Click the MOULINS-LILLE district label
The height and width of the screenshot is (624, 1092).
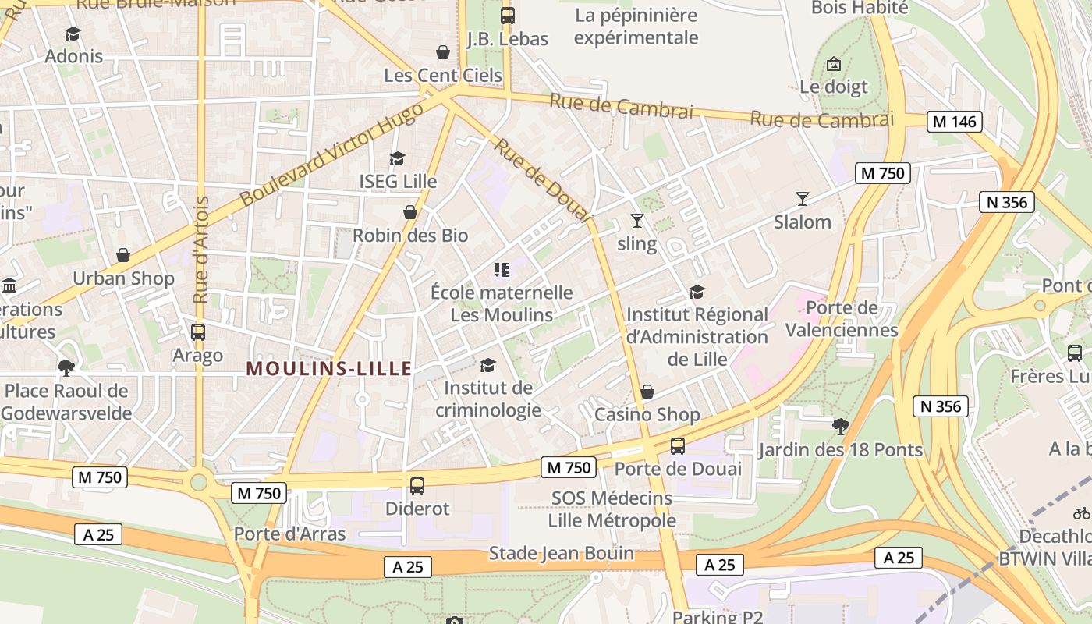click(328, 369)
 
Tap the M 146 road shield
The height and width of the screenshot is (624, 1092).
click(954, 122)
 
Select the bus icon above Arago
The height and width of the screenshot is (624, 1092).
click(198, 331)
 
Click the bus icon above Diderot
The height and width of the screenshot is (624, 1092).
click(417, 485)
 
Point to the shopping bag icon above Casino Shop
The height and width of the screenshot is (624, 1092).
click(647, 392)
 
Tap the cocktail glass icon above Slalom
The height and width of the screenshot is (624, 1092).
click(803, 199)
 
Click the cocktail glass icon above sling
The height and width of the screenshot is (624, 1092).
click(637, 221)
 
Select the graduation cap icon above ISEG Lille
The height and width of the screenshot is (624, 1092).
click(398, 158)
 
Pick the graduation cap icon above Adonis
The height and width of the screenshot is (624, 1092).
click(73, 34)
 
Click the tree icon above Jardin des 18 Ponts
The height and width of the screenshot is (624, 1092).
click(840, 426)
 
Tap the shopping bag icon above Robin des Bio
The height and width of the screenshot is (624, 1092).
click(410, 212)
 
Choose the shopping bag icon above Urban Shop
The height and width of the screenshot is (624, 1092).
click(123, 255)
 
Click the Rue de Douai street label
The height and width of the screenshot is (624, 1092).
click(543, 180)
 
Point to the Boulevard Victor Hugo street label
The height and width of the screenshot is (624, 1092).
click(331, 154)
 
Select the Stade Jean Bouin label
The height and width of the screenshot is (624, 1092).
click(561, 554)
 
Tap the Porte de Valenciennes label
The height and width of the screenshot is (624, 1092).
click(842, 318)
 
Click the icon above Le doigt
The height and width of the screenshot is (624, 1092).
click(834, 63)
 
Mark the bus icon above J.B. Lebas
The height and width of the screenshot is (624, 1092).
click(508, 15)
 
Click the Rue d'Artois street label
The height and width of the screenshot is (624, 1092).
click(200, 250)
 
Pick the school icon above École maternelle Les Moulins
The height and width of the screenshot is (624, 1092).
click(502, 270)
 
